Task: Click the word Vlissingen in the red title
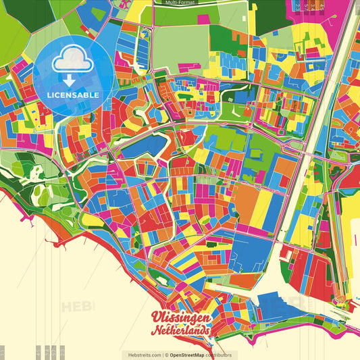180,318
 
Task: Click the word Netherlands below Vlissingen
180,331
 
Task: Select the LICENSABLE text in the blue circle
72,95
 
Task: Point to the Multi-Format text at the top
180,3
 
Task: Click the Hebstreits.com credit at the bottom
141,355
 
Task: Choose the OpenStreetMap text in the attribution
192,355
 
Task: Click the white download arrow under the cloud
69,79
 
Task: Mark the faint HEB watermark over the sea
78,307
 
